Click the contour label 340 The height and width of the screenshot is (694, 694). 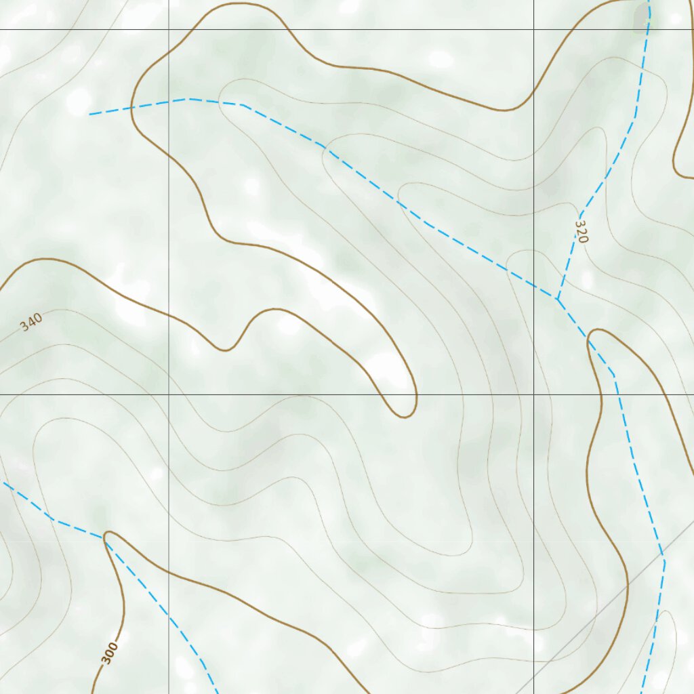(x=31, y=321)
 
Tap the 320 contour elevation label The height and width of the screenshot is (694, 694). (x=581, y=231)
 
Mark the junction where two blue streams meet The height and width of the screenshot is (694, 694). (x=556, y=298)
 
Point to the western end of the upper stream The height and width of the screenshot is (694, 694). (x=89, y=115)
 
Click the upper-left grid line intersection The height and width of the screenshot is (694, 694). (x=169, y=29)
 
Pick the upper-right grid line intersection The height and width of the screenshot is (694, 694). (x=534, y=29)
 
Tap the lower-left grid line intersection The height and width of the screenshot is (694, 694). (x=169, y=394)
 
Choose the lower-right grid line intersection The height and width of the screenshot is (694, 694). (x=534, y=394)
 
